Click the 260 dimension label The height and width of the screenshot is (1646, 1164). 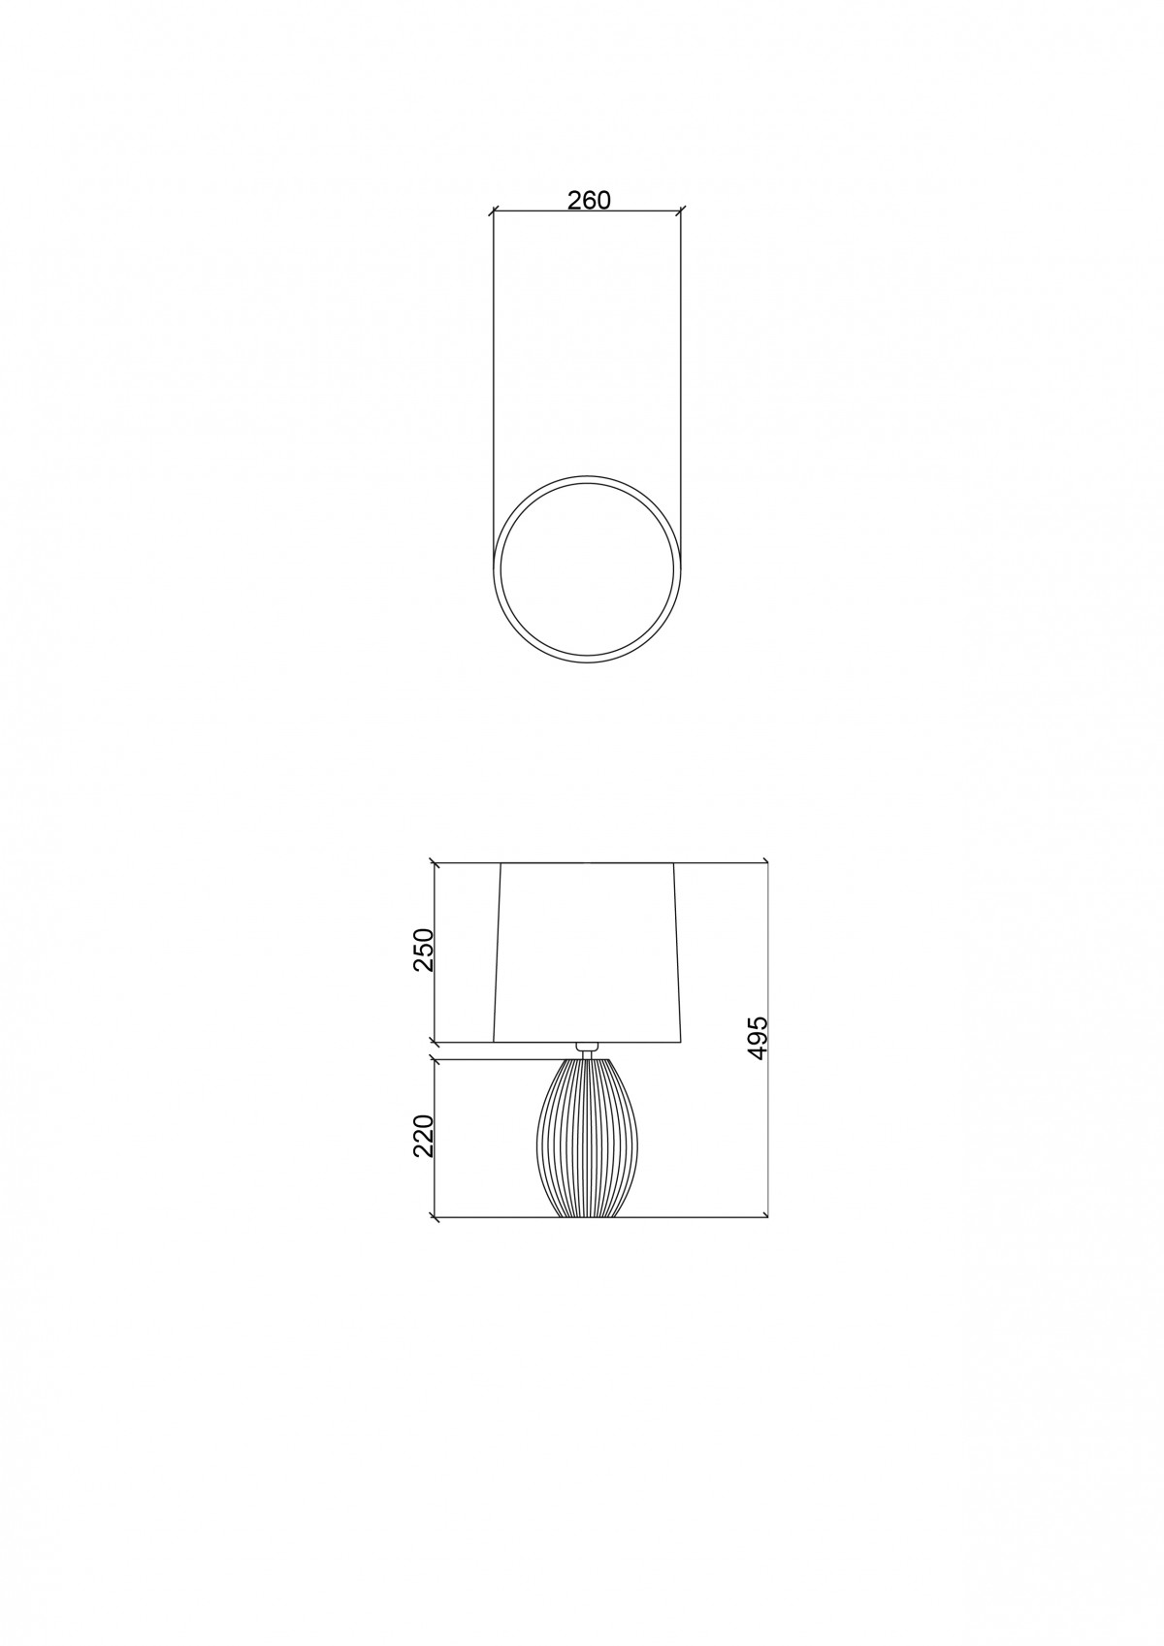pyautogui.click(x=590, y=200)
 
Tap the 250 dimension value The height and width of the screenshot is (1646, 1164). pyautogui.click(x=425, y=951)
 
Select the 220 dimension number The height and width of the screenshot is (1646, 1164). pyautogui.click(x=425, y=1136)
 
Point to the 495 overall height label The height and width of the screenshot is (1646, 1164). pyautogui.click(x=757, y=1038)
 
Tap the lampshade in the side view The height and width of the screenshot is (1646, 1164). pyautogui.click(x=587, y=952)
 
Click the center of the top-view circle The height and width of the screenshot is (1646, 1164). pyautogui.click(x=587, y=569)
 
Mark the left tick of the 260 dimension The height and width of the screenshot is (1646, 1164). pyautogui.click(x=493, y=211)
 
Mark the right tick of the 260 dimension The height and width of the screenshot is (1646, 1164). pyautogui.click(x=681, y=211)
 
